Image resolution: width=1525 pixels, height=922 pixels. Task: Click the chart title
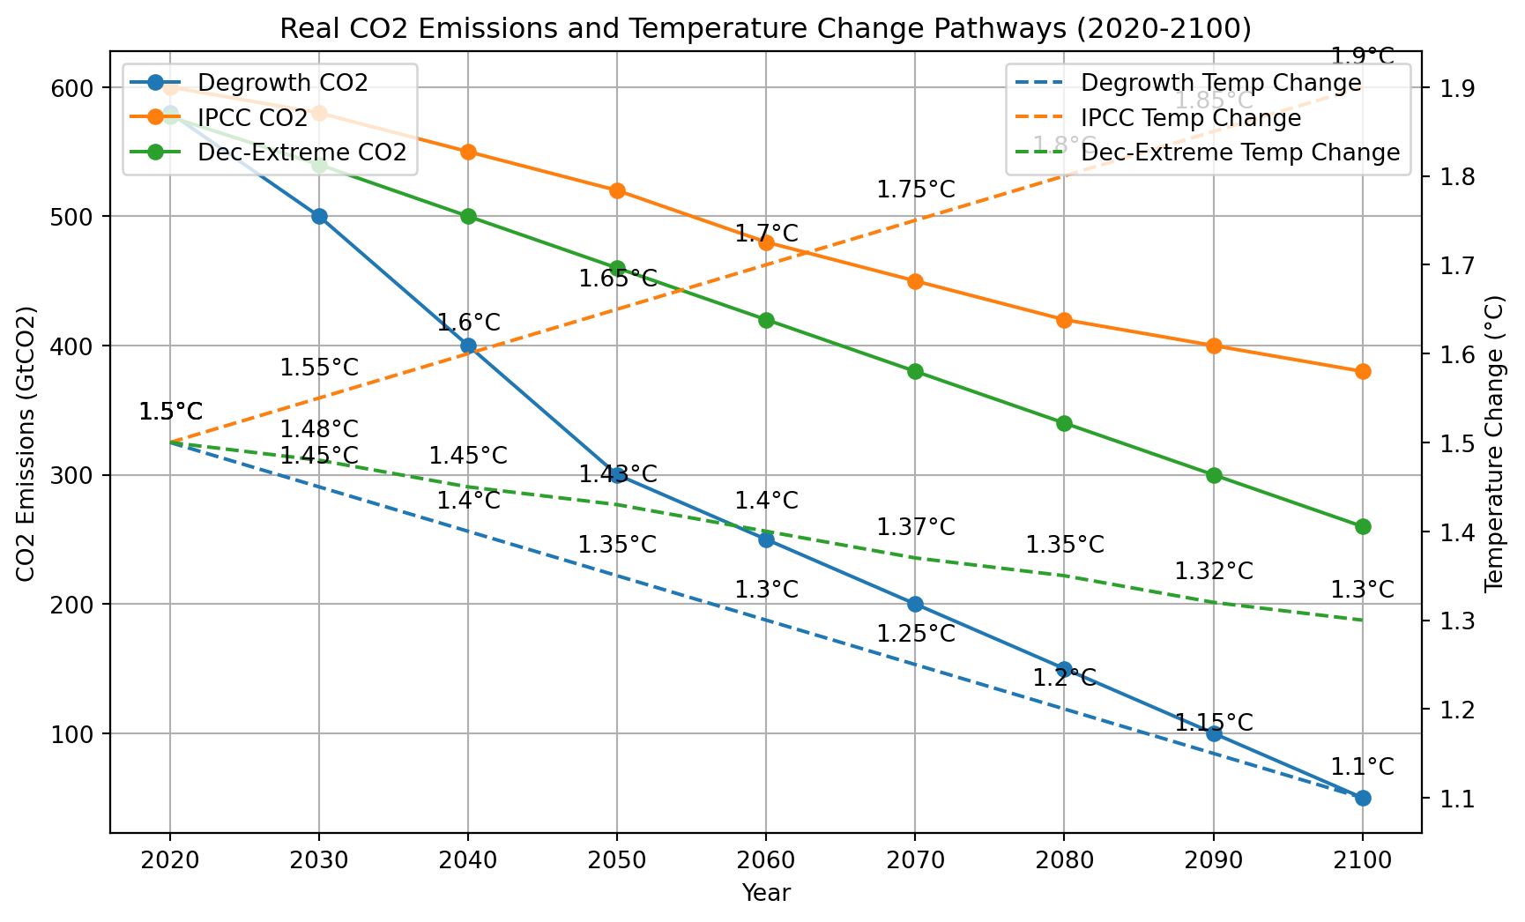click(x=765, y=29)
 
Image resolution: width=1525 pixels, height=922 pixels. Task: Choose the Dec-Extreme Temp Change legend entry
click(x=1239, y=152)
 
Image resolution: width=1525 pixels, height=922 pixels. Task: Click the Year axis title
click(x=765, y=893)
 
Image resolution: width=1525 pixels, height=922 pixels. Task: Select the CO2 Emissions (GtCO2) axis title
click(x=26, y=443)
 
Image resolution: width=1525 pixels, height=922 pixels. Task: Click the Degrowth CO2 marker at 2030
click(x=319, y=217)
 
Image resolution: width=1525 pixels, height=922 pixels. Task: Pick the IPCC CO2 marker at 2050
click(x=617, y=191)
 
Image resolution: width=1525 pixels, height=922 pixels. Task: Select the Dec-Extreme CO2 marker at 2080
click(x=1064, y=424)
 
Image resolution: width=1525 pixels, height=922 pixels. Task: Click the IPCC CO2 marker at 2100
click(x=1362, y=372)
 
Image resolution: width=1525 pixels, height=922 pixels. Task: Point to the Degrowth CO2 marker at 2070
click(x=915, y=605)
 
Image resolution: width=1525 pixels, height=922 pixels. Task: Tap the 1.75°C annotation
click(x=915, y=190)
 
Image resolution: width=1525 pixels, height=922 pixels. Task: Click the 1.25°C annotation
click(x=915, y=634)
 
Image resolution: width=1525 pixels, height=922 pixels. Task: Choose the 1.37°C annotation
click(x=915, y=527)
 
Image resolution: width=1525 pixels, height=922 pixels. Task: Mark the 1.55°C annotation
click(x=319, y=368)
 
